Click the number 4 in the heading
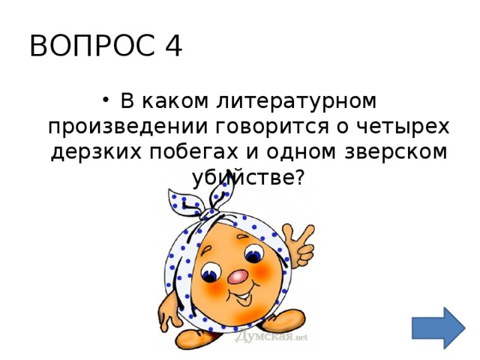[171, 46]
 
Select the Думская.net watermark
[271, 336]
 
